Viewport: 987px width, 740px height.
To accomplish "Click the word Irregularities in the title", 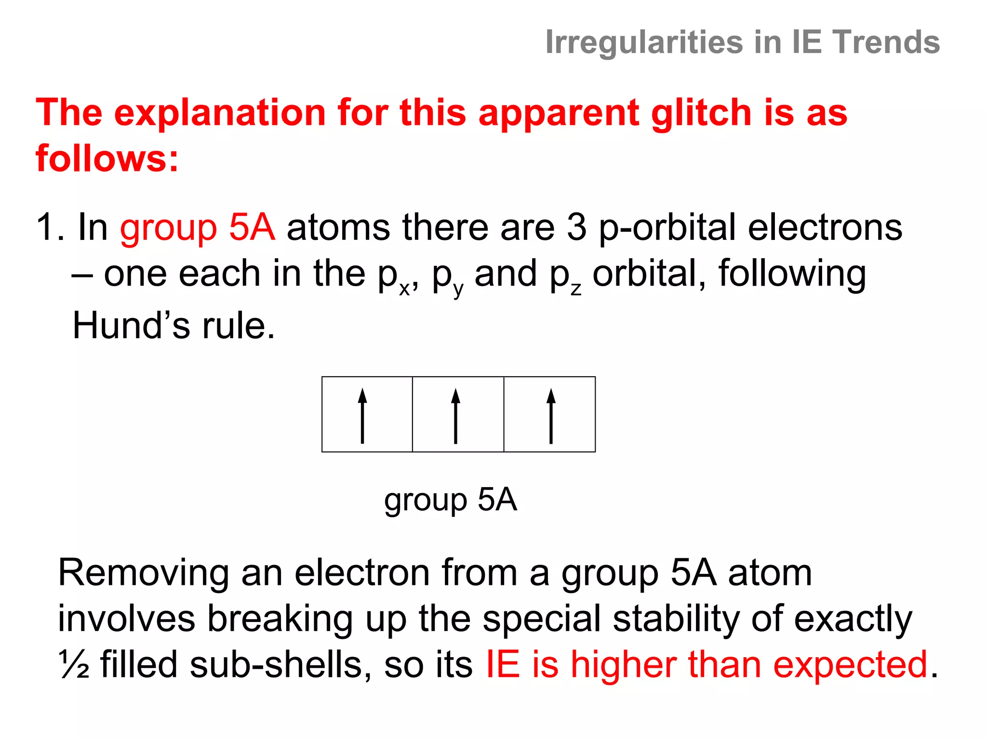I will point(644,42).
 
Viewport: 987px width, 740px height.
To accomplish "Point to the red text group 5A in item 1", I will point(198,227).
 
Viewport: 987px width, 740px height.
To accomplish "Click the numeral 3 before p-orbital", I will point(577,227).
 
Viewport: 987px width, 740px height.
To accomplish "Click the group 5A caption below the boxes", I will point(451,500).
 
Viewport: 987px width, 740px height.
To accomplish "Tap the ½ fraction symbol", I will point(74,665).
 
